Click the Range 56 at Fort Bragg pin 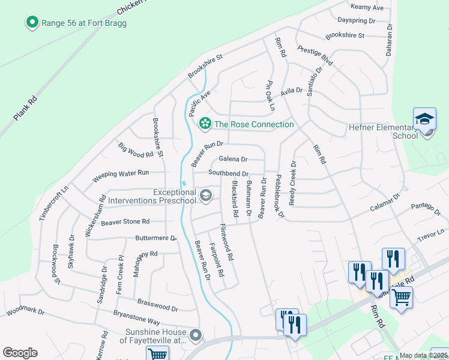(x=32, y=23)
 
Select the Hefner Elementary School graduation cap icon (x=424, y=119)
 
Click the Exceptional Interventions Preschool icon (x=206, y=195)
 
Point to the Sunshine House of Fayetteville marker (x=195, y=335)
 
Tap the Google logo (x=20, y=353)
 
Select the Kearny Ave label (x=369, y=7)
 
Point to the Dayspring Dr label (x=356, y=20)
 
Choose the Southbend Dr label (x=228, y=173)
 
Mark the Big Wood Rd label (x=136, y=150)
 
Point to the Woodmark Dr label (x=25, y=312)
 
